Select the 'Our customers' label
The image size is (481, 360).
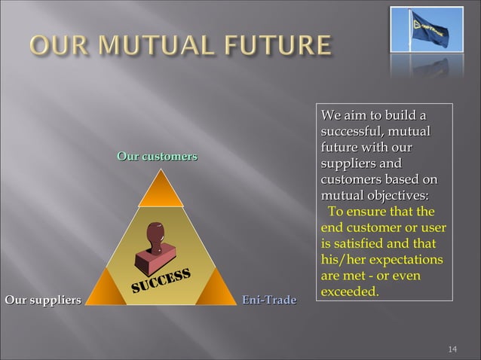(157, 156)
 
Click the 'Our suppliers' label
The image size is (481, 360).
(43, 301)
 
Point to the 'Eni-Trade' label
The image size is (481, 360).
(268, 301)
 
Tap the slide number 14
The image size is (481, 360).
(452, 349)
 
